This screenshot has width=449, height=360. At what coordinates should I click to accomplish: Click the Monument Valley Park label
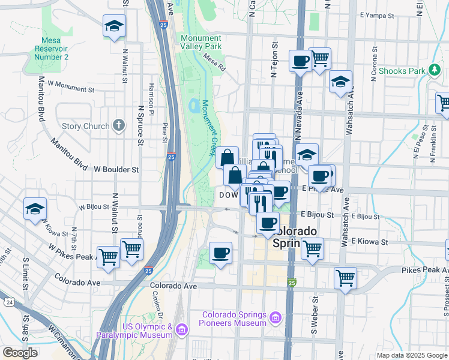tap(201, 42)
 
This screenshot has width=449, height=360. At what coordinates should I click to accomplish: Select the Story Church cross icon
tap(119, 126)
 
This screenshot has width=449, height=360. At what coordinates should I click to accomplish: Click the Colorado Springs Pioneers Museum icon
tap(276, 316)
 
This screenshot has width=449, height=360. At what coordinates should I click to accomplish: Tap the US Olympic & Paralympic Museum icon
tap(182, 329)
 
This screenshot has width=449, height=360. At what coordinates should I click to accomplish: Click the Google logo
tap(20, 353)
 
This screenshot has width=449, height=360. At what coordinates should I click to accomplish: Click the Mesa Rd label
tap(214, 62)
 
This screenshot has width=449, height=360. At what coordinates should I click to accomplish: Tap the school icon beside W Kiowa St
tap(35, 209)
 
